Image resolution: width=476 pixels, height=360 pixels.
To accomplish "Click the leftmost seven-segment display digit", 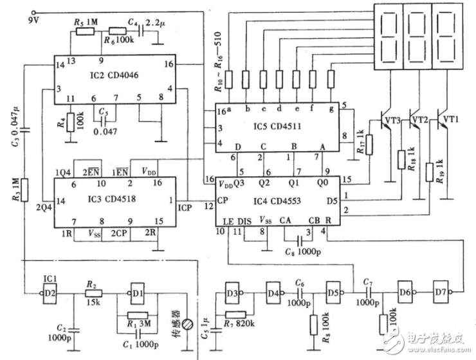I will pos(389,37).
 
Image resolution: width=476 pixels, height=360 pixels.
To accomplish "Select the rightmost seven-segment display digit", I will pos(448,37).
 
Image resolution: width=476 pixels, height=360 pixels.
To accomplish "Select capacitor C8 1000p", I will pos(297,237).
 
